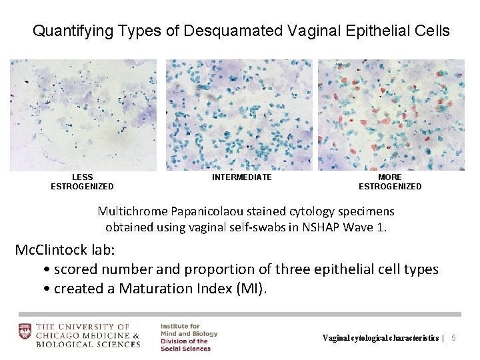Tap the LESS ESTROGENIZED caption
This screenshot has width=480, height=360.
82,182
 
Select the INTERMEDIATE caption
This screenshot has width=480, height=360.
242,177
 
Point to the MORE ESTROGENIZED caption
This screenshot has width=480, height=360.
390,182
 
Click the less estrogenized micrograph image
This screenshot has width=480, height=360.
83,115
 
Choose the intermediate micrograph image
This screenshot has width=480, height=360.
239,115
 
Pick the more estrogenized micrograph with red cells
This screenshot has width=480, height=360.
391,115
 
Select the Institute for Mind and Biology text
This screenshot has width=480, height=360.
189,330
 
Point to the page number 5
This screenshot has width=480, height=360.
454,338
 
